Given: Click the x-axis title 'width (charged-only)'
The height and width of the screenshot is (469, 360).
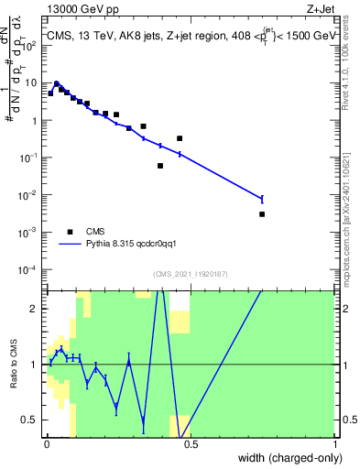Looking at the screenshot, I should coord(285,457).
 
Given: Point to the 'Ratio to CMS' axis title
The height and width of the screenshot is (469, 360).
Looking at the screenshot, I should coord(13,364).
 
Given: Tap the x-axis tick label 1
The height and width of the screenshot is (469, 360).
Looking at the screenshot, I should coord(334,444).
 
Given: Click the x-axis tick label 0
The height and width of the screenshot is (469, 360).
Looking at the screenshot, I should coord(47,444).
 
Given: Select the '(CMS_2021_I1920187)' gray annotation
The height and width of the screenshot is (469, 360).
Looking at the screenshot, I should coord(191,273).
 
